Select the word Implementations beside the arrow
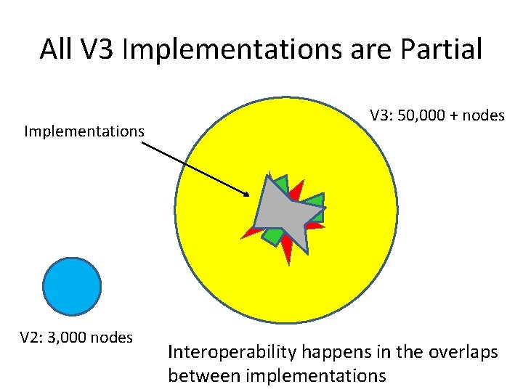[x=84, y=131]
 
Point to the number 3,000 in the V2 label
[x=76, y=337]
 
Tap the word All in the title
[x=55, y=49]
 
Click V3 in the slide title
[x=100, y=49]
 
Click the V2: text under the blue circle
[x=32, y=337]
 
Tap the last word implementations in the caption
[x=316, y=375]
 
